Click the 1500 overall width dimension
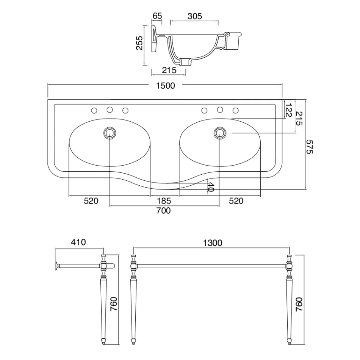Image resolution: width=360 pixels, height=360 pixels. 165,86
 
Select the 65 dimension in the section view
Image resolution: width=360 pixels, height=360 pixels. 157,16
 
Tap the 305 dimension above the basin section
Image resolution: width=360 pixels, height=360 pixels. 194,16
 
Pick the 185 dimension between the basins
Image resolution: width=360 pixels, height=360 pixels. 164,201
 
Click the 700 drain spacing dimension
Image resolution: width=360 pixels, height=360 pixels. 164,211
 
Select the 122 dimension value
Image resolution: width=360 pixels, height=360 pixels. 289,110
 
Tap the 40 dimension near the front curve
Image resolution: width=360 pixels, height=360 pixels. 211,186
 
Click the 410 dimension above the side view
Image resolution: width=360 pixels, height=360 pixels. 79,242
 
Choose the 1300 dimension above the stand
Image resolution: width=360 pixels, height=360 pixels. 212,243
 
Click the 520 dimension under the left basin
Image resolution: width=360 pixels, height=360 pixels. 91,201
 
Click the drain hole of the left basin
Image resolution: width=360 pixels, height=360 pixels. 110,132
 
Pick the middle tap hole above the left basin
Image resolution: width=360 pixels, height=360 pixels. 110,110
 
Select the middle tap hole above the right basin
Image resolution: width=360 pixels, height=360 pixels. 220,110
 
